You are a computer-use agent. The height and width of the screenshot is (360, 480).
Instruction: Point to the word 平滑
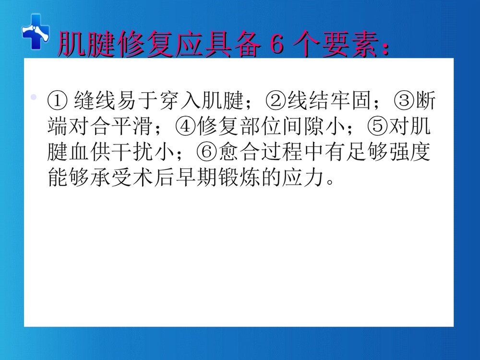click(138, 127)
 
